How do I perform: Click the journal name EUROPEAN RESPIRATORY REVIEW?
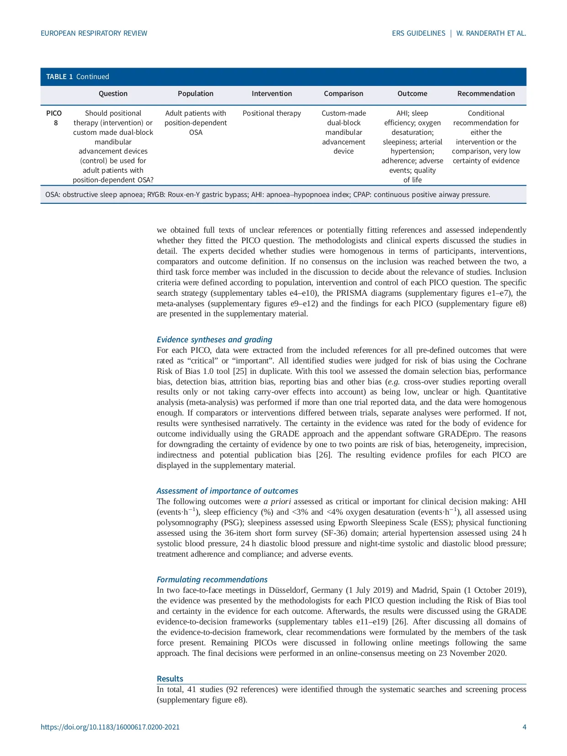94,33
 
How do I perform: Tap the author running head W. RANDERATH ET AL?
491,33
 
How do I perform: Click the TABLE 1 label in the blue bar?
59,77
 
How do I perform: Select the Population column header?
196,94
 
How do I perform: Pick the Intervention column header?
271,94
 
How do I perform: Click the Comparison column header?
343,94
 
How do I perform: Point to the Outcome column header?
412,94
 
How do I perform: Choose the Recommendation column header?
486,94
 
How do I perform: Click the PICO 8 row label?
54,118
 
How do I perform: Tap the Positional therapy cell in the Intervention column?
271,113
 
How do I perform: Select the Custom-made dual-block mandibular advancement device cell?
344,132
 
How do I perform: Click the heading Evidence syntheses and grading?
214,340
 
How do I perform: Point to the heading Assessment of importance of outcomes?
227,491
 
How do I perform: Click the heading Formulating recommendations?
212,580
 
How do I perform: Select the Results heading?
170,679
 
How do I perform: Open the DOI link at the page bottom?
110,727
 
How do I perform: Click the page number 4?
524,727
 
